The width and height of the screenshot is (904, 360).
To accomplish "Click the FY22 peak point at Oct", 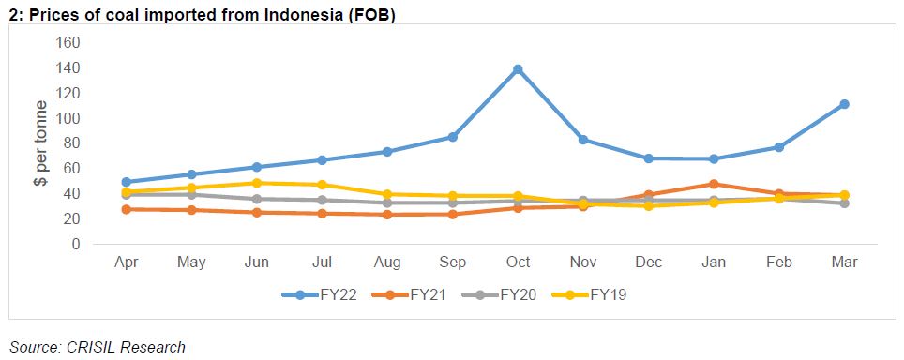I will [518, 69].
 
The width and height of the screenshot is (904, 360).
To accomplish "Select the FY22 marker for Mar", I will [844, 104].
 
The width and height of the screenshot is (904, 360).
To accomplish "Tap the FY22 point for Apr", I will [127, 182].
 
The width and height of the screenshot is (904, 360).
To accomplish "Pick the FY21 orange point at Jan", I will [714, 184].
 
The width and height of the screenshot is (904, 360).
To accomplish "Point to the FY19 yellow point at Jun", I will [257, 183].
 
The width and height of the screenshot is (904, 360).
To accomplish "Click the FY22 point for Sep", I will [453, 137].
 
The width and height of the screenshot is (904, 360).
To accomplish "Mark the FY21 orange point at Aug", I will [387, 215].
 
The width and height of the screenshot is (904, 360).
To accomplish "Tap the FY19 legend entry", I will [587, 294].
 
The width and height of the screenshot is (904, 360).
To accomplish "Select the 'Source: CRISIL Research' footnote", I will [98, 347].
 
